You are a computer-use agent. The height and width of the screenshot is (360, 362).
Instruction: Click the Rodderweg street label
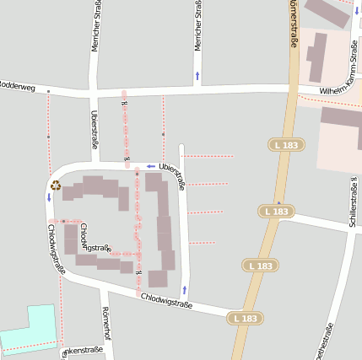pyautogui.click(x=17, y=84)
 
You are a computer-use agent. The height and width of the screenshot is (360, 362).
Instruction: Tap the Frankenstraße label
pyautogui.click(x=82, y=350)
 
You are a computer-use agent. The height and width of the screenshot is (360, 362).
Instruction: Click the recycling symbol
pyautogui.click(x=56, y=185)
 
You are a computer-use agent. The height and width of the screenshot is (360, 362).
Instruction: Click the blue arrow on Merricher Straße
pyautogui.click(x=197, y=76)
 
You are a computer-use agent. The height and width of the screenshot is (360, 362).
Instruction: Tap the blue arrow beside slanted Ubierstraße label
pyautogui.click(x=151, y=166)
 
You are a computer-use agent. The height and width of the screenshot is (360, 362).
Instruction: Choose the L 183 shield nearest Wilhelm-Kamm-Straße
pyautogui.click(x=286, y=145)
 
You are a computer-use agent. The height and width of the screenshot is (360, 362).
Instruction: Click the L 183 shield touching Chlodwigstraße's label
pyautogui.click(x=244, y=318)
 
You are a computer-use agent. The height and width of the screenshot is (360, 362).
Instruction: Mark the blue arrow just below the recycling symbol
pyautogui.click(x=49, y=198)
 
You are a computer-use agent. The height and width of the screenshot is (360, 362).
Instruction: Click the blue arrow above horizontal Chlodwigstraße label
pyautogui.click(x=184, y=289)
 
